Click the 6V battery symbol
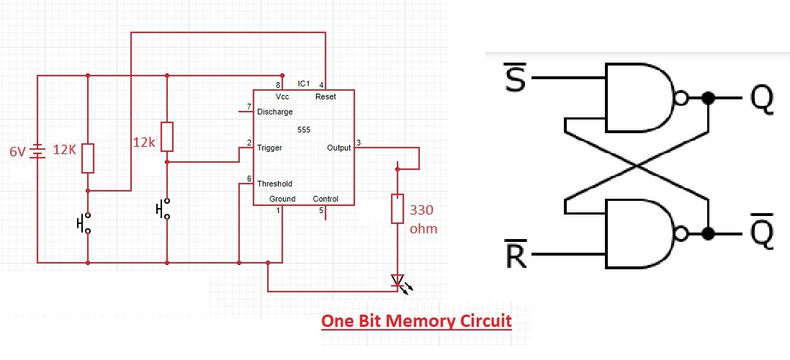37,152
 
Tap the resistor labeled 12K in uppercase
88,158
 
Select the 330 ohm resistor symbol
397,209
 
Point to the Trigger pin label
269,148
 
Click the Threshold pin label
274,184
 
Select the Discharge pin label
274,112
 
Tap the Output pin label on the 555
338,148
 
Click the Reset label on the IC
325,96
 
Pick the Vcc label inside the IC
282,96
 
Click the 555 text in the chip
303,130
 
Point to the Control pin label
326,199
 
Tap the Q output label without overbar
761,99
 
